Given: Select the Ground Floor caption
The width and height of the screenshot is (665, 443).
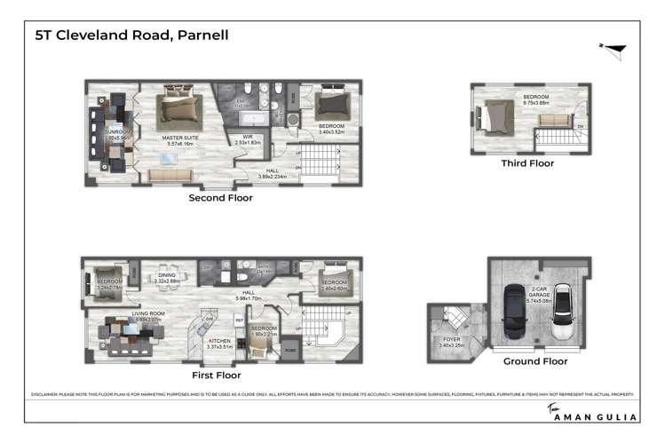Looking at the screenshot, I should point(534,361).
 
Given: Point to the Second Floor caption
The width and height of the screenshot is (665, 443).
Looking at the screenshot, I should point(220,198).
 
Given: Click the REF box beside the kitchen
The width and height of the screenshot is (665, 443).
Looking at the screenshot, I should point(239,318).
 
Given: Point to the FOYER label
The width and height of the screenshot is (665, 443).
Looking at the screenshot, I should point(453,338).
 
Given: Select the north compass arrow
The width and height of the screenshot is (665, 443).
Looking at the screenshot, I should point(615,50).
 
